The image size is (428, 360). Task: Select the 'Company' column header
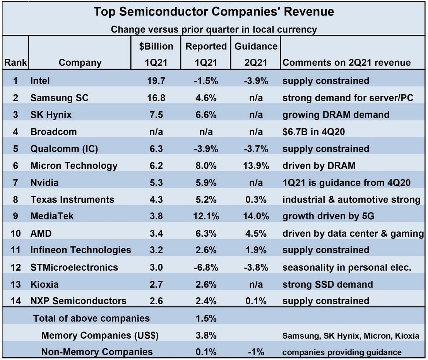coord(80,63)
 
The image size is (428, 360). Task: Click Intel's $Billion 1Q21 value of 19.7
coord(156,81)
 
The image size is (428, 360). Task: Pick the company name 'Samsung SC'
coord(60,98)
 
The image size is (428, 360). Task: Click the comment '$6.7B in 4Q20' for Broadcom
coord(314,132)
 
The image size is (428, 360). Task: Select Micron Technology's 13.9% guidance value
coord(255,166)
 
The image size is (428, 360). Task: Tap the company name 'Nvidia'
coord(45,183)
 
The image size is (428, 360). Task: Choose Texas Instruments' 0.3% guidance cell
coord(256,200)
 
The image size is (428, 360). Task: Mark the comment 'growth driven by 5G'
coord(329,216)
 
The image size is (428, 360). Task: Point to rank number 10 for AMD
coord(15,233)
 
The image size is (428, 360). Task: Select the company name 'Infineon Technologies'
coord(80,250)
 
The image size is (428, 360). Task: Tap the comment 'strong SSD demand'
coord(327,284)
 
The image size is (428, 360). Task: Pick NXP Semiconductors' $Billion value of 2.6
coord(156,301)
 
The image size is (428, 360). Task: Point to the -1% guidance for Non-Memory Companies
coord(256,352)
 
